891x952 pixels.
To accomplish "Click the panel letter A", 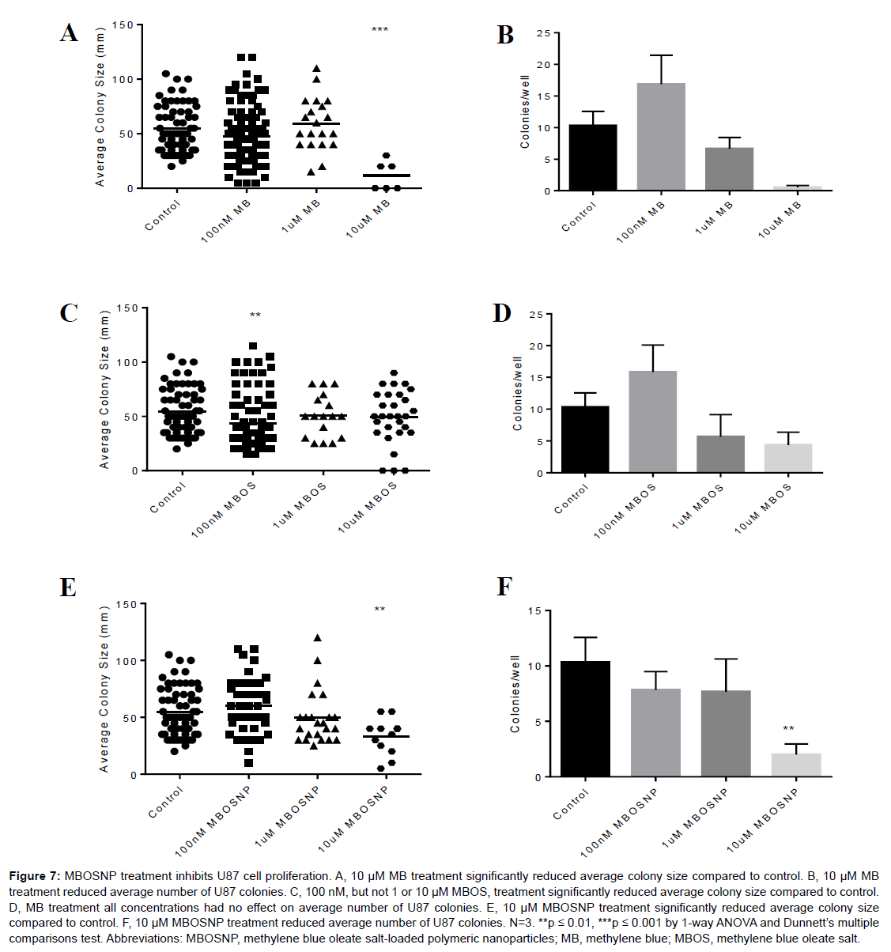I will pyautogui.click(x=70, y=32).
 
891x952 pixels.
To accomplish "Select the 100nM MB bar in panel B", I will pyautogui.click(x=661, y=137).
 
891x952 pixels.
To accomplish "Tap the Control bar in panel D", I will pyautogui.click(x=585, y=439).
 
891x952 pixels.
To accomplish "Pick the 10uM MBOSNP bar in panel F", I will pyautogui.click(x=796, y=765).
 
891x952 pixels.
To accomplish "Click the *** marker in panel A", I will pyautogui.click(x=379, y=31).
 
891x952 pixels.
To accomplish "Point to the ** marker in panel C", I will pyautogui.click(x=255, y=315).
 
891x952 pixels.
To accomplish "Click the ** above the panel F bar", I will pyautogui.click(x=788, y=729).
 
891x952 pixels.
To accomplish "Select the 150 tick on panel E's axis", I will pyautogui.click(x=126, y=604).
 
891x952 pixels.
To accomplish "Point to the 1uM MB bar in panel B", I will pyautogui.click(x=729, y=169).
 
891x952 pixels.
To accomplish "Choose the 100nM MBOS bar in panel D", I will pyautogui.click(x=653, y=421).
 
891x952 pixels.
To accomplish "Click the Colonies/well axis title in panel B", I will pyautogui.click(x=525, y=111).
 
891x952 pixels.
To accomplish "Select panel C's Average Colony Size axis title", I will pyautogui.click(x=104, y=389).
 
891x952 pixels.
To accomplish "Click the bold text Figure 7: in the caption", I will pyautogui.click(x=34, y=876).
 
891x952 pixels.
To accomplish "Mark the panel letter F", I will pyautogui.click(x=504, y=587).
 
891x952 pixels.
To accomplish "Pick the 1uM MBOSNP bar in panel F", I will pyautogui.click(x=726, y=733).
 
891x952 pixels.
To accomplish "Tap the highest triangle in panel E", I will pyautogui.click(x=318, y=637).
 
